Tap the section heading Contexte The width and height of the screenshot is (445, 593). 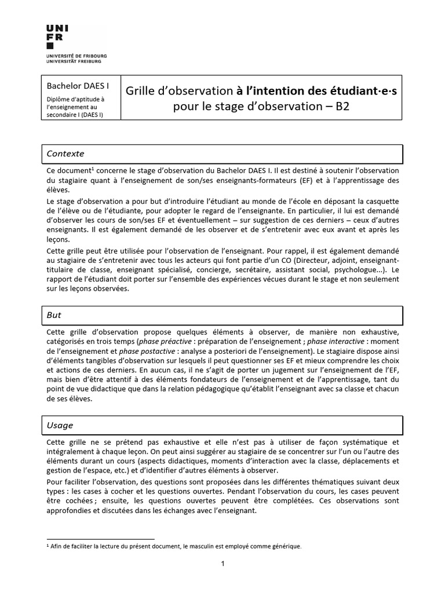[65, 153]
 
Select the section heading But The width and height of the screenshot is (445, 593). [54, 315]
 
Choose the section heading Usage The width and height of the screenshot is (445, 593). [60, 425]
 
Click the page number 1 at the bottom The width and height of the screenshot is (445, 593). [222, 564]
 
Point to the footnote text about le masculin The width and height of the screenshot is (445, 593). [174, 546]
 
